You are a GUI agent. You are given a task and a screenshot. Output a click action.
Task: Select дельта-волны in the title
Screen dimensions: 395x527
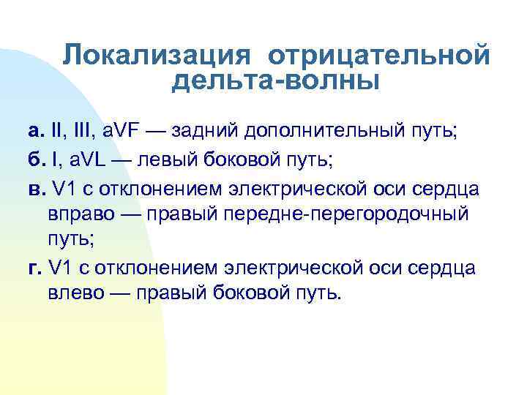tap(276, 81)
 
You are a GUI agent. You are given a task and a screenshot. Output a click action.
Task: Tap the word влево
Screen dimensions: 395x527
tap(85, 295)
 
